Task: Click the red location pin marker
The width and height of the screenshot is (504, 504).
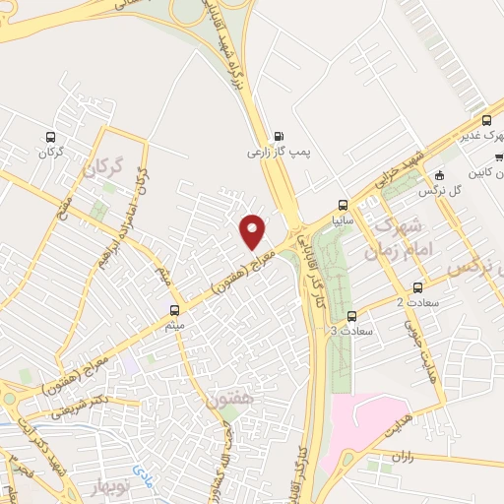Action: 254,230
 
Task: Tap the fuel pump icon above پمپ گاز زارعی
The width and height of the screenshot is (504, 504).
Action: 279,137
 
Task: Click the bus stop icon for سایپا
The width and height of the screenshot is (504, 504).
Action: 343,206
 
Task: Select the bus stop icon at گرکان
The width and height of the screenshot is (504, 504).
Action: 50,138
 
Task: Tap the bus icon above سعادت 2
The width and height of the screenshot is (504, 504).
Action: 418,288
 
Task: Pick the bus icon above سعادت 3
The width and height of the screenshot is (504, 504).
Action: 352,316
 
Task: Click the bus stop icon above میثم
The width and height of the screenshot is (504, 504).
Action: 175,308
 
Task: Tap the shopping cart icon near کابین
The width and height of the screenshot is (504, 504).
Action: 499,156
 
